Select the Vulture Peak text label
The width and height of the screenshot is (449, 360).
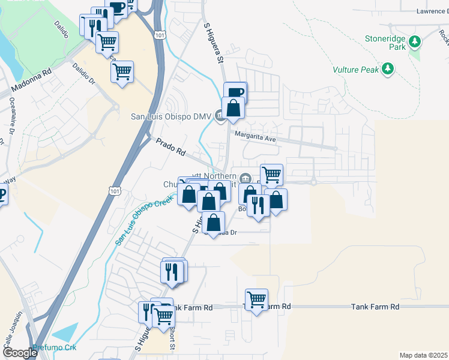click(356, 70)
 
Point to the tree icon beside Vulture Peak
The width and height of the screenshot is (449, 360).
click(388, 69)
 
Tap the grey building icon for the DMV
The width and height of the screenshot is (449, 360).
click(220, 116)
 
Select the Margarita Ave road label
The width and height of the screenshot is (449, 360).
click(255, 137)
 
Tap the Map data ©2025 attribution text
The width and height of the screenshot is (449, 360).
click(423, 355)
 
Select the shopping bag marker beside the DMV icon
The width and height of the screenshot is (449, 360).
click(233, 109)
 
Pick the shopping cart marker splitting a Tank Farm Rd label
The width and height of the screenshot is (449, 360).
click(256, 299)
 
